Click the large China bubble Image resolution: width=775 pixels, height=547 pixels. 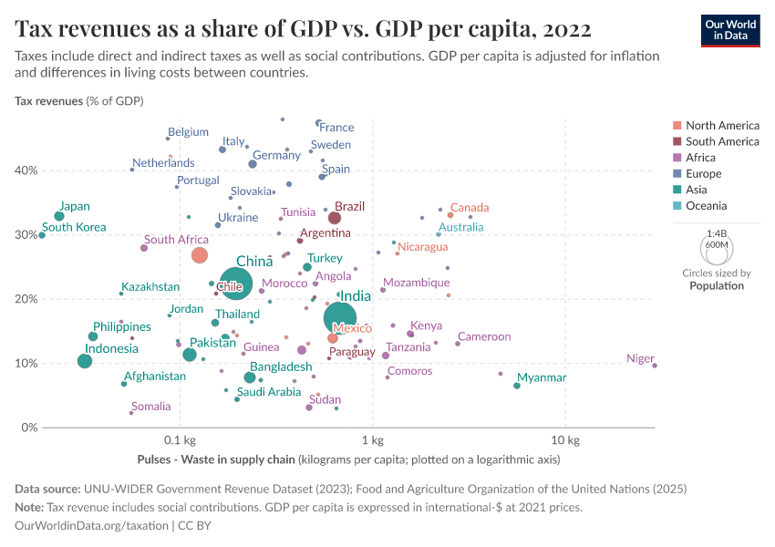[x=236, y=284]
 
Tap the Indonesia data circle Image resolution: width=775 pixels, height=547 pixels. [x=85, y=361]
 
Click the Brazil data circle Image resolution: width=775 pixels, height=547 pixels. [x=335, y=218]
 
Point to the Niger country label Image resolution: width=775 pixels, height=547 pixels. [x=641, y=359]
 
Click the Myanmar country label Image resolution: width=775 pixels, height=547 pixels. [x=542, y=377]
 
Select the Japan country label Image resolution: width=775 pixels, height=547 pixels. [x=75, y=206]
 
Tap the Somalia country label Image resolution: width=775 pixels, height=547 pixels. [x=151, y=407]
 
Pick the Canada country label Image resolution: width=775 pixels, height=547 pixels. [x=470, y=208]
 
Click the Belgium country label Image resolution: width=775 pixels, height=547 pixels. [x=188, y=131]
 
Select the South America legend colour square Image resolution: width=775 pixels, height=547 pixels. [x=677, y=141]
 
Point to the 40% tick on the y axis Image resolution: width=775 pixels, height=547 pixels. [x=26, y=170]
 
